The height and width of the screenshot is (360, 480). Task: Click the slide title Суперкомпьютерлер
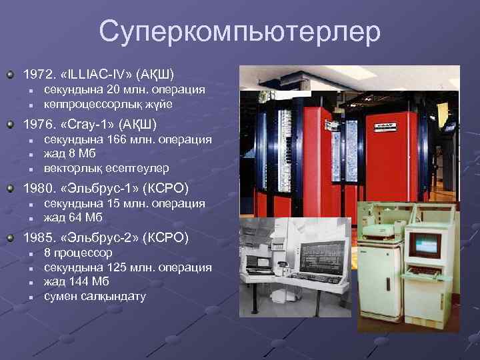point(240,31)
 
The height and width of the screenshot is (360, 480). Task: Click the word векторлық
point(71,168)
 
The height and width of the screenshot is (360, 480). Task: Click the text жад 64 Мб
point(74,217)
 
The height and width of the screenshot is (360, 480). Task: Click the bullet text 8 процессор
point(78,253)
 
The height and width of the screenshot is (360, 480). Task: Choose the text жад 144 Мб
point(77,281)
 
